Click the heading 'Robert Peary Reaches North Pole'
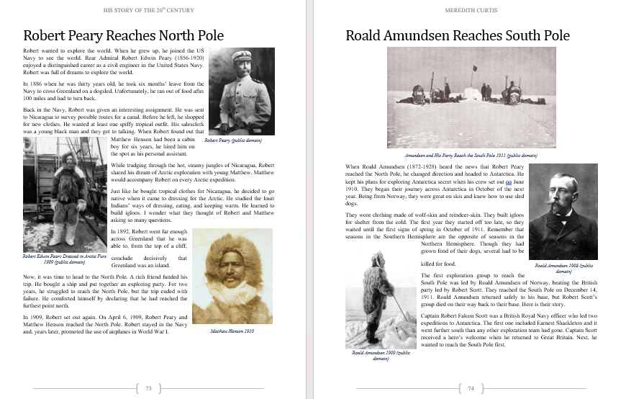tap(123, 35)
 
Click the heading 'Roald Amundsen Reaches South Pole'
tap(457, 35)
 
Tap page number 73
tap(148, 388)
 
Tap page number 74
tap(471, 388)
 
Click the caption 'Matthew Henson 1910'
tap(232, 331)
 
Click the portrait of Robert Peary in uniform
tap(241, 91)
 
